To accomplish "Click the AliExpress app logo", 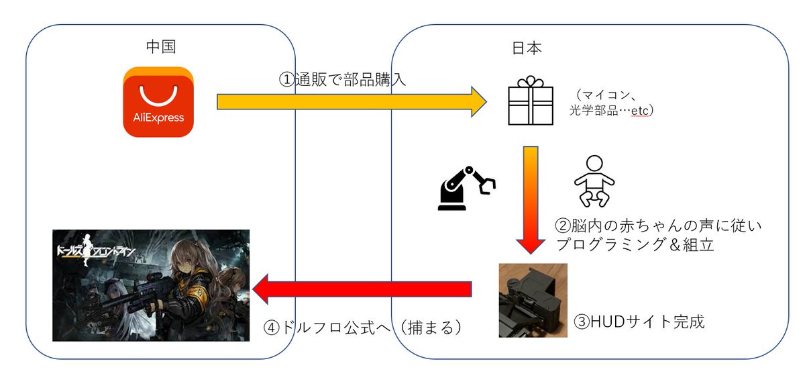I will point(158,101).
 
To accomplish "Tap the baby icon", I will point(594,181).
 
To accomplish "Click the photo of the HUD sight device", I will point(533,300).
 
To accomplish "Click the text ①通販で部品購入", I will point(342,79).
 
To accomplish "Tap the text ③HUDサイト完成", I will point(639,322).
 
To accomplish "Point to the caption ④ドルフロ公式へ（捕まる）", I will point(363,328).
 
